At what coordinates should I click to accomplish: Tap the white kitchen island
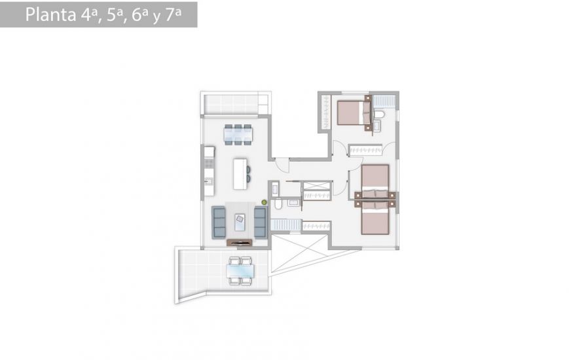(240, 173)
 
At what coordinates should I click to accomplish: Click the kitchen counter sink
(208, 180)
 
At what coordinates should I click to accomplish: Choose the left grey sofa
(219, 222)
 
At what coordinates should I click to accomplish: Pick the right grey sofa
(260, 222)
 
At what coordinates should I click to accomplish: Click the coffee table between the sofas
(240, 221)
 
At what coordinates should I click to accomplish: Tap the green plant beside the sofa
(264, 203)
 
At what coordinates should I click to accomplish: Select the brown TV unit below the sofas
(239, 243)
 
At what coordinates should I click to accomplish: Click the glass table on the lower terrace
(239, 270)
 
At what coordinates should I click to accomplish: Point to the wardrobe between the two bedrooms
(365, 150)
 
